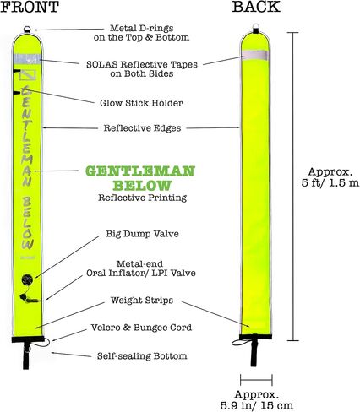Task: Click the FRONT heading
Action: [30, 7]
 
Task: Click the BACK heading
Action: [256, 7]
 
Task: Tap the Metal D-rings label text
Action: [141, 33]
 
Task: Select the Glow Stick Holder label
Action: [141, 103]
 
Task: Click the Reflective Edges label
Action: [142, 128]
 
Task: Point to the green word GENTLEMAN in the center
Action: [140, 171]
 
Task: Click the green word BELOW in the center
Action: [142, 186]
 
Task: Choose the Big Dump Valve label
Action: [142, 234]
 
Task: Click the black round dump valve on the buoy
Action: [27, 279]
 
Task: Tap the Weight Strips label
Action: [142, 301]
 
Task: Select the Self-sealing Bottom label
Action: [142, 356]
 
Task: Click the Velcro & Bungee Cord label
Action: [141, 328]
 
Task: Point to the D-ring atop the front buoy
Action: [27, 29]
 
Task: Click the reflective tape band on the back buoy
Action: [255, 55]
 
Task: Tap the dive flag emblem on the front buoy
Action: [28, 75]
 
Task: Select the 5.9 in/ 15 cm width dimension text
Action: [257, 400]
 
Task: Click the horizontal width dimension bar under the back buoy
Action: [256, 380]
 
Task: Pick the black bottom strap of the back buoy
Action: [254, 350]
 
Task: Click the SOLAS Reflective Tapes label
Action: [142, 69]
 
